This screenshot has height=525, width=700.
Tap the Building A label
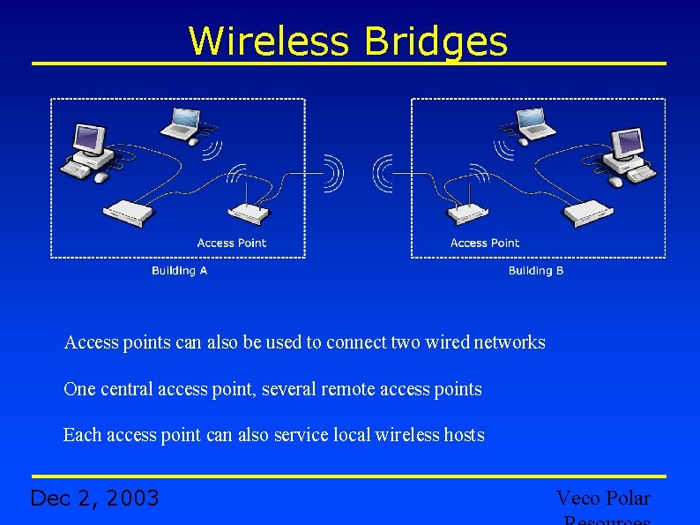pyautogui.click(x=179, y=271)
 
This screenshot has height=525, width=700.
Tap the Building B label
pyautogui.click(x=536, y=271)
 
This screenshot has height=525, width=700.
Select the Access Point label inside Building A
pyautogui.click(x=231, y=243)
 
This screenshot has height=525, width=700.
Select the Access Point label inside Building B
pyautogui.click(x=485, y=243)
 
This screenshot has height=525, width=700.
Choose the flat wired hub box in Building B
pyautogui.click(x=588, y=212)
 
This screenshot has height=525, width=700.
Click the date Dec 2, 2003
pyautogui.click(x=94, y=499)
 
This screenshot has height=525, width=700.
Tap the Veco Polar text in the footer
pyautogui.click(x=603, y=499)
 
